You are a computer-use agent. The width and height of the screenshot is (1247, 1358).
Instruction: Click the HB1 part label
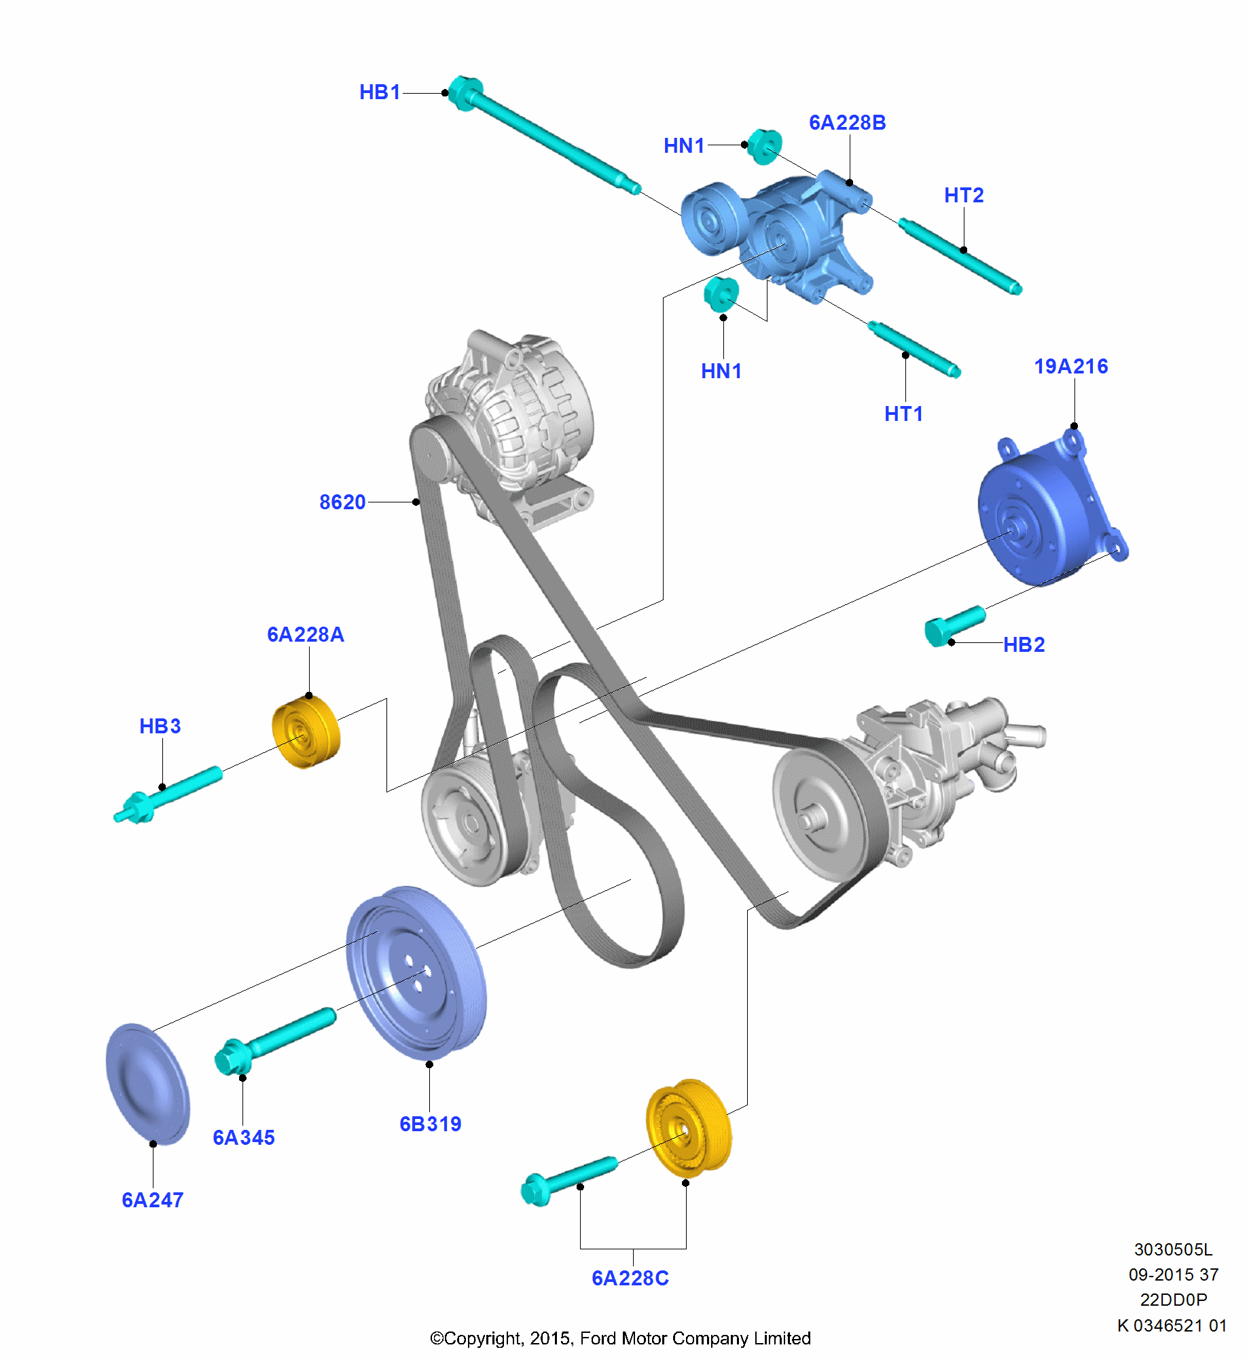pos(380,92)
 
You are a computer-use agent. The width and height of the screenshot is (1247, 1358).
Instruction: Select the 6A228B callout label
pos(847,123)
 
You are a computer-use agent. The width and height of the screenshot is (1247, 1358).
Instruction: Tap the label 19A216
pos(1070,367)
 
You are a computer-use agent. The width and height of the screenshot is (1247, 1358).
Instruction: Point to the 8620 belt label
pos(342,502)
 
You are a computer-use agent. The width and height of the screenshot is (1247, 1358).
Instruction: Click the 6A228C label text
pos(630,1279)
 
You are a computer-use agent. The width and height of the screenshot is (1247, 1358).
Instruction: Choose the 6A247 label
pos(152,1200)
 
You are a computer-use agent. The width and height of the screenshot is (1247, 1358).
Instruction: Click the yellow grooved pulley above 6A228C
pos(688,1128)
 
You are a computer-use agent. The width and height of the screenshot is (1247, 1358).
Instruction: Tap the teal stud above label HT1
pos(914,350)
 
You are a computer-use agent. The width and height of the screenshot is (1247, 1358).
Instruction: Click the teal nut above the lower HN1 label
pos(721,294)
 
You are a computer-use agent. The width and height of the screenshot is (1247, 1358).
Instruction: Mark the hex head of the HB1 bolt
pos(465,93)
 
